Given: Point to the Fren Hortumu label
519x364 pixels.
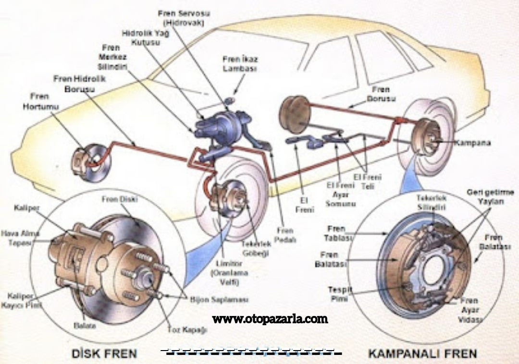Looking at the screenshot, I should [40, 101].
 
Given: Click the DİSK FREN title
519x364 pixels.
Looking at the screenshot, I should [104, 354].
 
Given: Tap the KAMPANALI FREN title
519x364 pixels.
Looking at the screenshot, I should [422, 354].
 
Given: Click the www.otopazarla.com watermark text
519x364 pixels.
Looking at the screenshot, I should [270, 318].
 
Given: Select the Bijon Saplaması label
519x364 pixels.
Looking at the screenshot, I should [219, 300].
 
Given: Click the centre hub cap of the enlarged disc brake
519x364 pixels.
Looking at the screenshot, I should [147, 279].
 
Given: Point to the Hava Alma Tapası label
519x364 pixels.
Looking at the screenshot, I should [20, 238].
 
